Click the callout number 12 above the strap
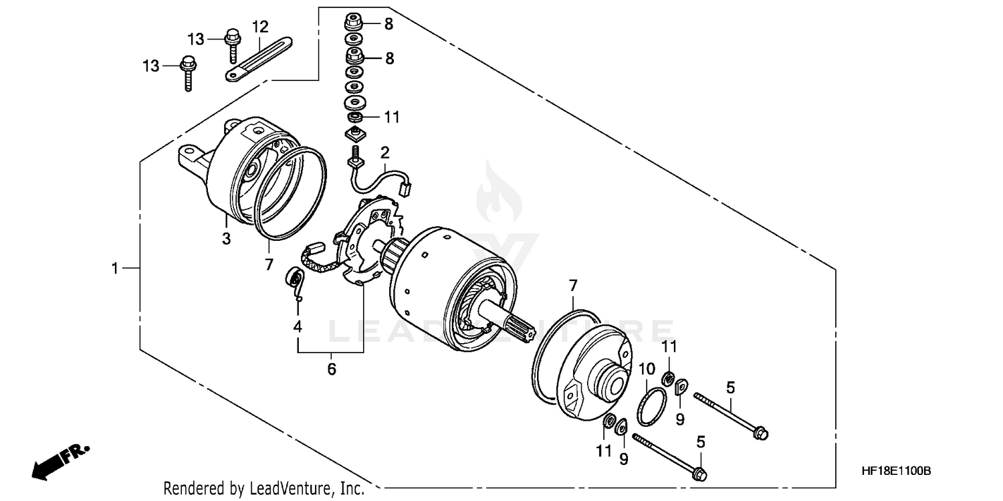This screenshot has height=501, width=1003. coord(260,27)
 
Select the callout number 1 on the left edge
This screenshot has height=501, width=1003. coord(115,268)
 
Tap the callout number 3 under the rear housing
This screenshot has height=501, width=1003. coord(227,239)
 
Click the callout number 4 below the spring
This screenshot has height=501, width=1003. coord(298,327)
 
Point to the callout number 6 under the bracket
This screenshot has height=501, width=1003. coord(332,369)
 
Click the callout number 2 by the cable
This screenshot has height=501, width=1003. coord(384,153)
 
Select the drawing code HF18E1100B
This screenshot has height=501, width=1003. coord(895,472)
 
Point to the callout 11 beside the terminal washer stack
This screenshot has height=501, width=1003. coord(391,117)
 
